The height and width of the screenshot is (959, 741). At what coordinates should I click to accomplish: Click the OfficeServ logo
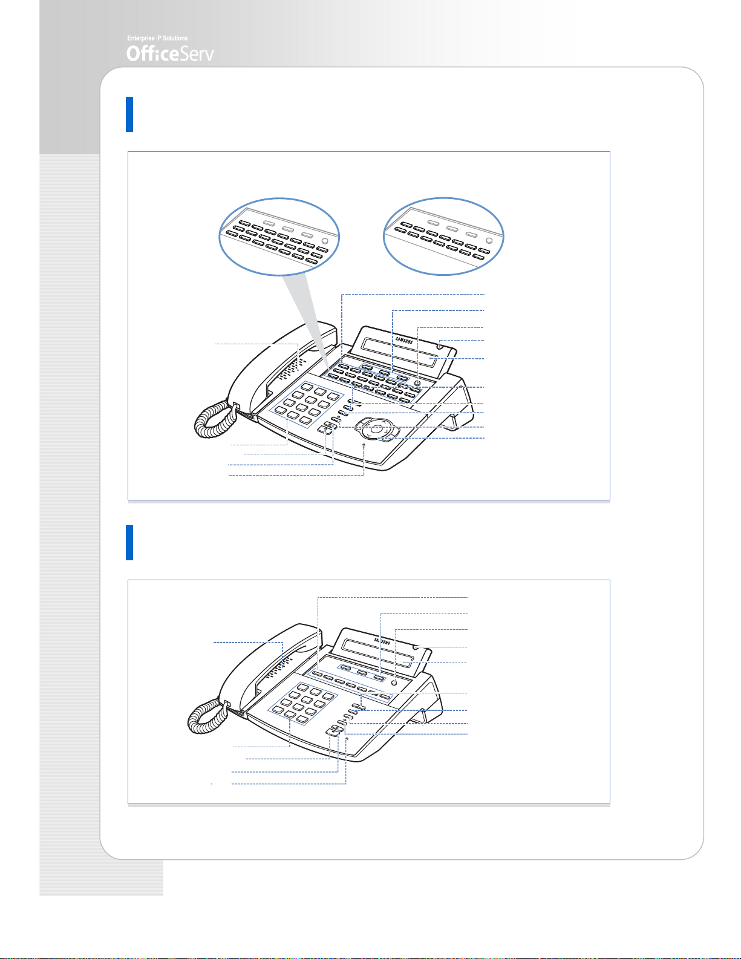pos(170,54)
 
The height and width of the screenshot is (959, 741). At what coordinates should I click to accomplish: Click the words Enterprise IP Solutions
pos(157,38)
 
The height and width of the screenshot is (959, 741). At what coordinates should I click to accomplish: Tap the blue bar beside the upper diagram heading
pos(129,114)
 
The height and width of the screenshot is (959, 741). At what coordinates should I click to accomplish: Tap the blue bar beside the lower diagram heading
pos(129,542)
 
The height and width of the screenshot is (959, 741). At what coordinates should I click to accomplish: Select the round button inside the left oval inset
pos(325,241)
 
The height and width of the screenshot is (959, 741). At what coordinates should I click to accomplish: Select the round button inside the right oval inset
pos(489,241)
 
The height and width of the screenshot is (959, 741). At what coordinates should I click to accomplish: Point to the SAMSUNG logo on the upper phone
pos(404,340)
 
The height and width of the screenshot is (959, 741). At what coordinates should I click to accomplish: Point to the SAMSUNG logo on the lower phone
pos(382,641)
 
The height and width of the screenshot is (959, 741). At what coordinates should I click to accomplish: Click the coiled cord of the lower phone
pos(207,718)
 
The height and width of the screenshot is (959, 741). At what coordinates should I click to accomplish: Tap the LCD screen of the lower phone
pos(377,654)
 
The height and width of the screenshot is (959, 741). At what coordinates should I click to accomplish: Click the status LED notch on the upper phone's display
pos(440,347)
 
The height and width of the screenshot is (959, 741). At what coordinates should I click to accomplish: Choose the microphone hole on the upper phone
pos(364,445)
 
